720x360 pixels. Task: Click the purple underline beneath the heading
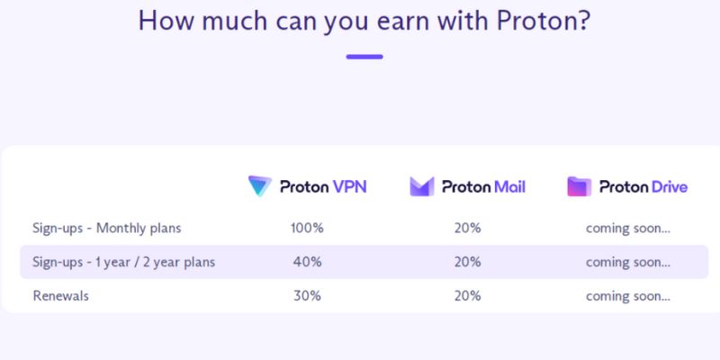[x=364, y=57]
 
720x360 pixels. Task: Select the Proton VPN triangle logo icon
[x=260, y=186]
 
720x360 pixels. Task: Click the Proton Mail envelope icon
[x=421, y=186]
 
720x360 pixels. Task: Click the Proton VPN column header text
[x=323, y=187]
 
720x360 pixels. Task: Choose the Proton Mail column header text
[x=483, y=187]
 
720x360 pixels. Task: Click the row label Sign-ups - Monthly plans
[x=107, y=228]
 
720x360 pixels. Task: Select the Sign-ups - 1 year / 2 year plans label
[x=124, y=262]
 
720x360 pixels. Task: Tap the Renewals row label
[x=62, y=295]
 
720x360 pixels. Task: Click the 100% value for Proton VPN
[x=307, y=228]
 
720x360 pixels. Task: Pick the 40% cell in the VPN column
[x=307, y=262]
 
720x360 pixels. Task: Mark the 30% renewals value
[x=307, y=295]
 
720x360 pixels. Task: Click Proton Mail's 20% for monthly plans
[x=467, y=228]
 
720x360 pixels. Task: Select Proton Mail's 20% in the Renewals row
[x=467, y=295]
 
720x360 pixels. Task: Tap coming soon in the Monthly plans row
[x=627, y=228]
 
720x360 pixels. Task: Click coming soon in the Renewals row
[x=627, y=295]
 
